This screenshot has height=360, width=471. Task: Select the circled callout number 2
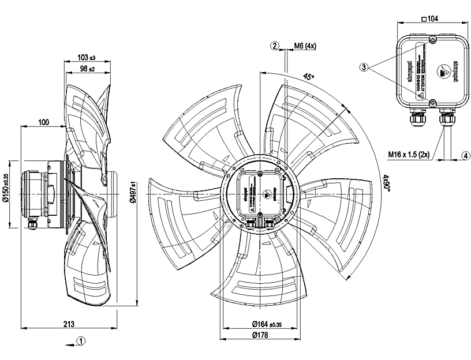click(275, 45)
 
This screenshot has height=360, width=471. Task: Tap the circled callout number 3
click(364, 67)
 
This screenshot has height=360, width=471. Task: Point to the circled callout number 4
click(465, 154)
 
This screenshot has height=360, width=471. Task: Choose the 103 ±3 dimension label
click(86, 58)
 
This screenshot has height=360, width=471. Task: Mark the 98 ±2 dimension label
click(86, 69)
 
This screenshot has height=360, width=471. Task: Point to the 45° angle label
click(309, 77)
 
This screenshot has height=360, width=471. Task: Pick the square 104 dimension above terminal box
click(430, 19)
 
